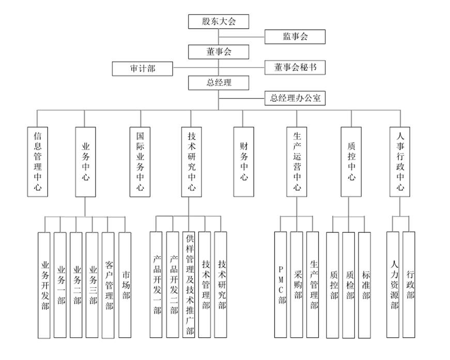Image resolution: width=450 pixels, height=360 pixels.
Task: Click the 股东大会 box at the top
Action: coord(219,21)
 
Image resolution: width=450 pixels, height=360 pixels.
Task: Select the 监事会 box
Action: coord(295,37)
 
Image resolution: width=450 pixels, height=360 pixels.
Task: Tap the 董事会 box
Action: coord(219,52)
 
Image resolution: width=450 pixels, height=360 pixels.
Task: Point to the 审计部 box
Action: coord(143,68)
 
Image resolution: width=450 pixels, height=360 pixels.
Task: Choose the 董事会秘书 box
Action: coord(295,68)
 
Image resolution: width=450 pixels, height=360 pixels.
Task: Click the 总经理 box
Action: coord(219,83)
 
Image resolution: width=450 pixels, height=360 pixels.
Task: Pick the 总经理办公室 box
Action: coord(295,98)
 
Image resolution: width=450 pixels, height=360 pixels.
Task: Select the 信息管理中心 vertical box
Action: coord(38,161)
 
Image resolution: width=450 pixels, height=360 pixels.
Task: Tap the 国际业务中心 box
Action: coord(140,161)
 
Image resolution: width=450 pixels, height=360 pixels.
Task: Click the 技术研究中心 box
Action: coord(191,161)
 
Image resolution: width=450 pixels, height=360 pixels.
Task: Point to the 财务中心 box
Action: coord(244,161)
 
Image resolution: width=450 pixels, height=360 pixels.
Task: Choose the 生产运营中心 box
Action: coord(297,161)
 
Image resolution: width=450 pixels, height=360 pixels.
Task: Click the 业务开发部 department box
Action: coord(45,285)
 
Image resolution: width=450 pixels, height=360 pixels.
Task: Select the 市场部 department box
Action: coord(125,285)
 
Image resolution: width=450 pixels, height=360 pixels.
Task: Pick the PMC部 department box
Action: coord(281,285)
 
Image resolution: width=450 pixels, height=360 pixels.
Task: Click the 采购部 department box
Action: coord(297,285)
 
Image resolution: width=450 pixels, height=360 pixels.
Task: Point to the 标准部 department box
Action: coord(365,285)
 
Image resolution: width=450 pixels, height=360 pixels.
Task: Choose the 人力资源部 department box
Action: coord(393,285)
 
